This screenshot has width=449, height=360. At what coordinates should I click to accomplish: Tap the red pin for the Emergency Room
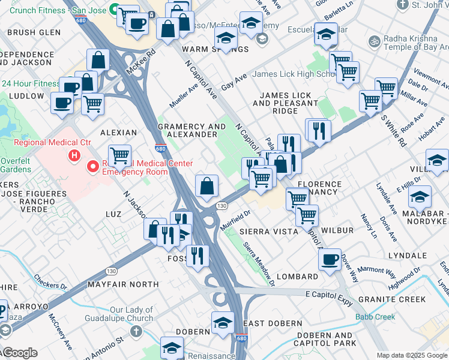coord(93,167)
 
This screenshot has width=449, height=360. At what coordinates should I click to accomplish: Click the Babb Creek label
coord(375,316)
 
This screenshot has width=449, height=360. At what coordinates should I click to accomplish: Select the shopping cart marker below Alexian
coord(120,155)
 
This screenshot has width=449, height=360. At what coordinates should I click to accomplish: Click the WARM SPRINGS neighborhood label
coord(207,49)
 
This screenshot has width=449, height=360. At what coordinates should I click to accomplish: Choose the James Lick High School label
coord(294,74)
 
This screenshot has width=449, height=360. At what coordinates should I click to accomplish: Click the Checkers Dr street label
coord(50,281)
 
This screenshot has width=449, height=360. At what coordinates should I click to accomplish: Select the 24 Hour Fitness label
coord(30,84)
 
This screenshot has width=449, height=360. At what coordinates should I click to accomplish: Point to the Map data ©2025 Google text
coord(411,355)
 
